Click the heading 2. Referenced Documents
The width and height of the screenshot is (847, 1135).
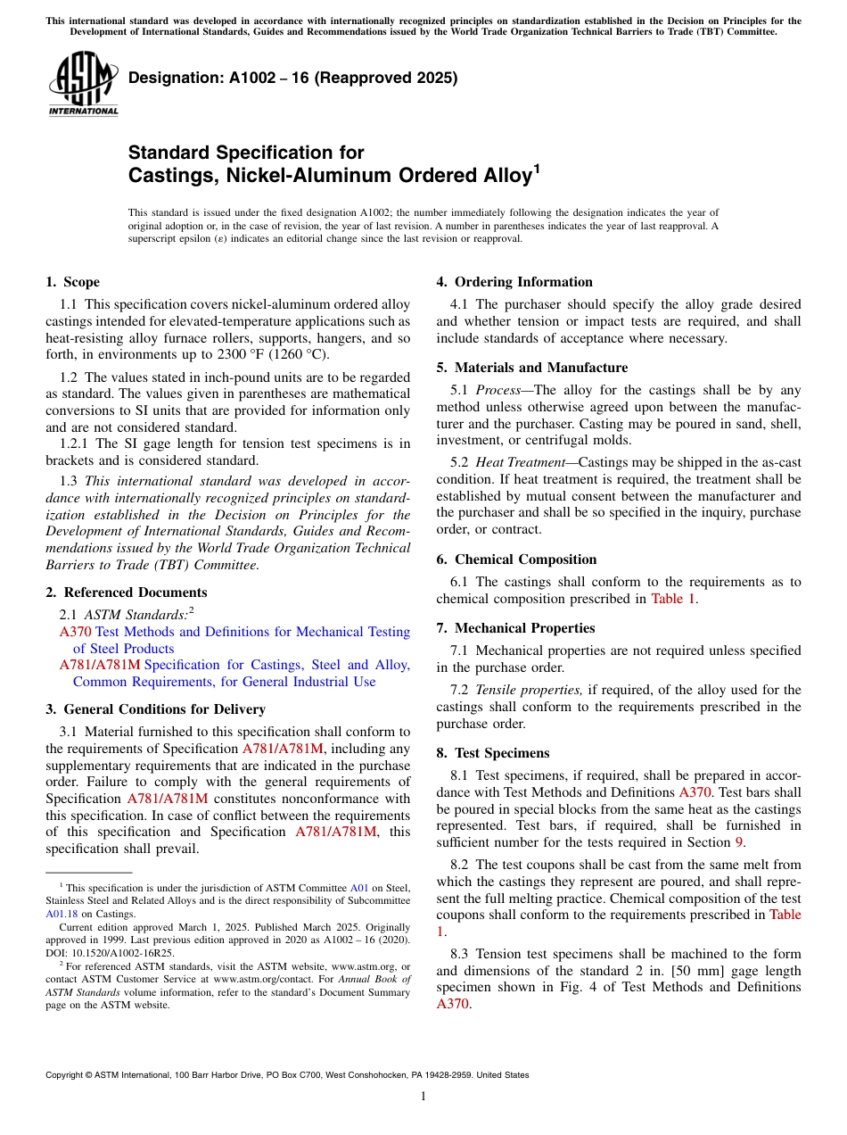(x=126, y=592)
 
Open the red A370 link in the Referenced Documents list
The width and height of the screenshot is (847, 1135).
(x=75, y=632)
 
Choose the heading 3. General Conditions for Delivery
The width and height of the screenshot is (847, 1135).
(x=155, y=709)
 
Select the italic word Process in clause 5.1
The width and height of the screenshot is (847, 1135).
(x=498, y=390)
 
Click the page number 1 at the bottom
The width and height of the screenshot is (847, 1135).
(x=423, y=1097)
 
